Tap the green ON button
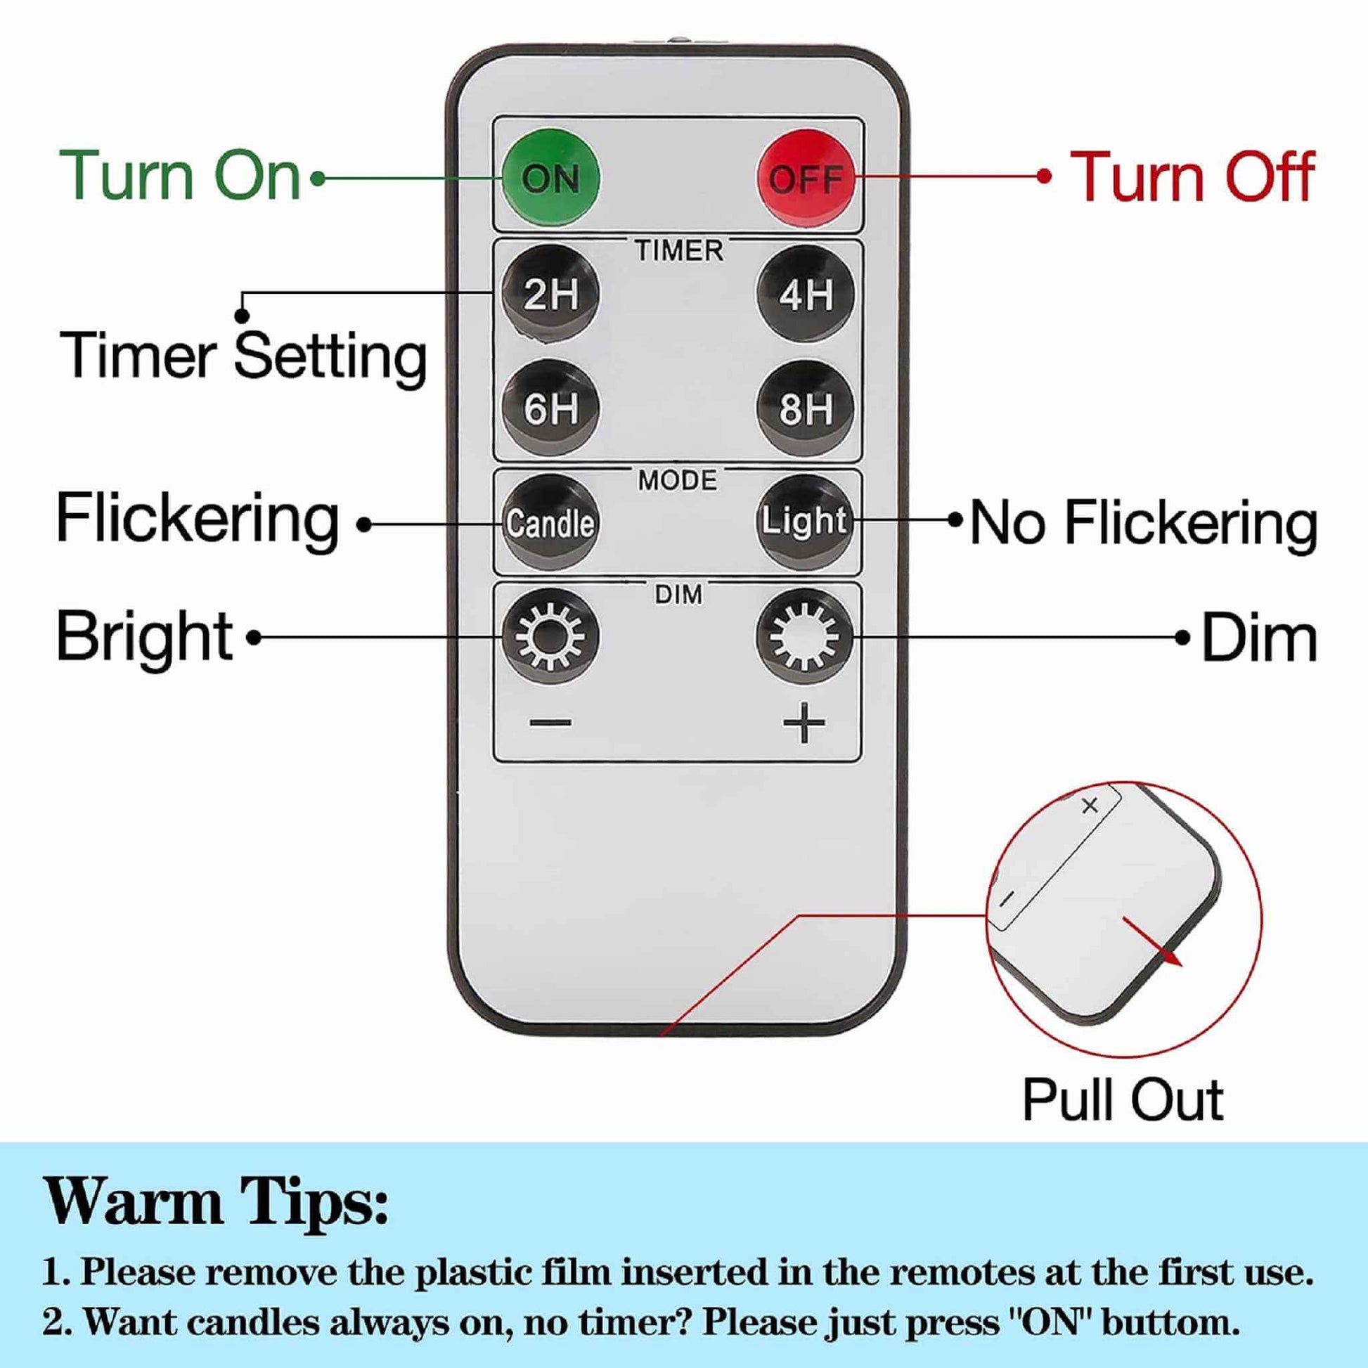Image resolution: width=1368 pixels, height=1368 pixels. click(550, 177)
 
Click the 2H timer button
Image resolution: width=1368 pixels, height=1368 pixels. click(550, 294)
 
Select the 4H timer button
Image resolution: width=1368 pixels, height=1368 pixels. click(805, 292)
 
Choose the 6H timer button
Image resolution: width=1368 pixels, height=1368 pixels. click(550, 408)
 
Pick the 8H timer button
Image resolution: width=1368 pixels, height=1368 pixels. click(805, 408)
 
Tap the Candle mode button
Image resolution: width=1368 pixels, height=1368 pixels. click(550, 523)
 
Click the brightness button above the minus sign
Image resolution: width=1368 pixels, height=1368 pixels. click(550, 637)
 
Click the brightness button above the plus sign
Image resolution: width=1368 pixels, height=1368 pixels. click(805, 635)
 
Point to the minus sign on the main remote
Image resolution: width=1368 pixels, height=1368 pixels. click(550, 723)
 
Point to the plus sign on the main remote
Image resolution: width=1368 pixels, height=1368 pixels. click(804, 723)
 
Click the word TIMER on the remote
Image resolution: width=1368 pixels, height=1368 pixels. click(678, 251)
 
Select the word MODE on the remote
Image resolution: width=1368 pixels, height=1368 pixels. click(678, 482)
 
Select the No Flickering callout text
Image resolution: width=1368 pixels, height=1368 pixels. click(1143, 523)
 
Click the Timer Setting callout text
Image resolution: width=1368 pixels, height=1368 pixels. click(243, 356)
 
